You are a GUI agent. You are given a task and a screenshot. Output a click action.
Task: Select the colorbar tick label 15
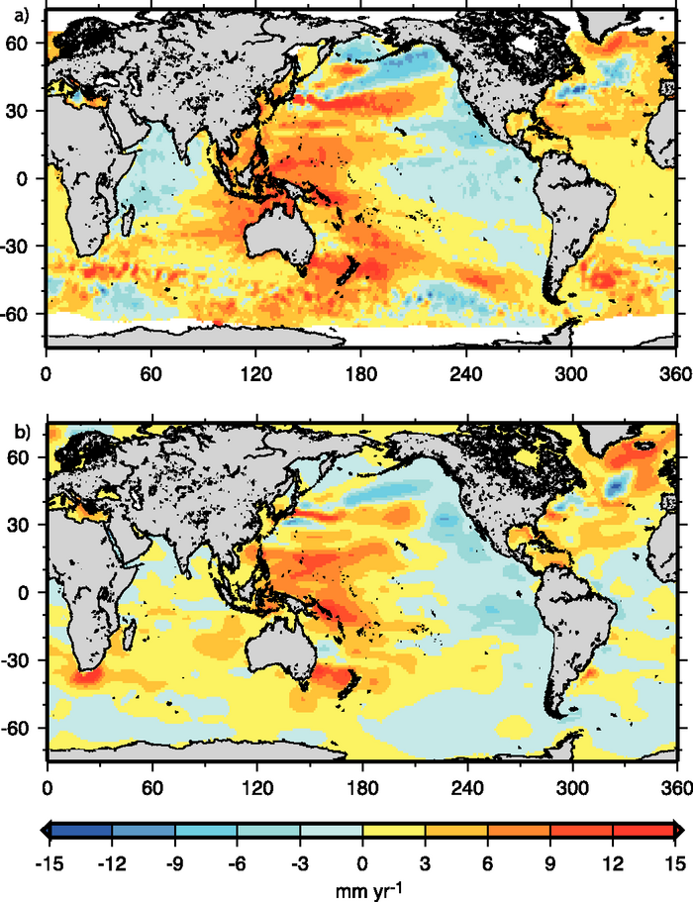673,860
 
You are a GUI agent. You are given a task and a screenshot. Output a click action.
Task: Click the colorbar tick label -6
238,860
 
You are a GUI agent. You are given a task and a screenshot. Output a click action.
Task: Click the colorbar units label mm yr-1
361,887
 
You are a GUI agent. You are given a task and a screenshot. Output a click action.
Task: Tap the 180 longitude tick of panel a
361,376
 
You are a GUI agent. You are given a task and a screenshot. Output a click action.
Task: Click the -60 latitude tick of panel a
22,314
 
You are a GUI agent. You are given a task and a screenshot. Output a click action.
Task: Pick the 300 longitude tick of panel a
570,376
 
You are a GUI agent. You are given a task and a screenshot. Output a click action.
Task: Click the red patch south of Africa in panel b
82,676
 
